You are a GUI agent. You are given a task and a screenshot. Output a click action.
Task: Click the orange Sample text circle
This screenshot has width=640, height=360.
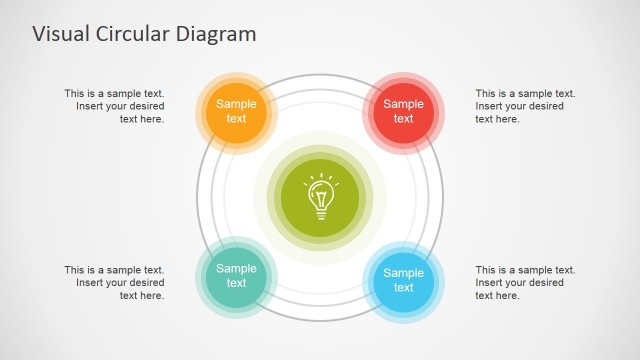click(236, 111)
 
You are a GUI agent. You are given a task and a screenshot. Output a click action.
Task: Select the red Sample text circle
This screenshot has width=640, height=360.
click(403, 111)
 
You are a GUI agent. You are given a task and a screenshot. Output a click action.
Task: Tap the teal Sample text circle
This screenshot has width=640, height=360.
click(236, 275)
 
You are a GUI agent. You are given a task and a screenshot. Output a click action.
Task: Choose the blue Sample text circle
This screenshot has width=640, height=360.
click(403, 280)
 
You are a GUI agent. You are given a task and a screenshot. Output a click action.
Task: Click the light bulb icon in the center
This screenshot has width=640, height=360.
click(320, 195)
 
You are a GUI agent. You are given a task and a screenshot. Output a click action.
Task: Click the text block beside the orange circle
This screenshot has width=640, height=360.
click(115, 106)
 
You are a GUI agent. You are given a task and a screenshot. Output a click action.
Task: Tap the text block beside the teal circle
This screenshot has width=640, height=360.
click(115, 282)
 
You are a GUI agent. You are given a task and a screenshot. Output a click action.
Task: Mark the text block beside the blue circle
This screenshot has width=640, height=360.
click(525, 282)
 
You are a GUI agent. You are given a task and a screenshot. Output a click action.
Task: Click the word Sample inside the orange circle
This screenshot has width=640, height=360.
click(236, 104)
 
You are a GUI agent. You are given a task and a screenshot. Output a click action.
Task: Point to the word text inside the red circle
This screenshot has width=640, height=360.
click(403, 119)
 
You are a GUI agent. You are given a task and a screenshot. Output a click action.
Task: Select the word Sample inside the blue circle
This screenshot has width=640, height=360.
click(403, 273)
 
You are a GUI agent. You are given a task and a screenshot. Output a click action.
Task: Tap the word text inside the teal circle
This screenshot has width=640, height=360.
click(236, 283)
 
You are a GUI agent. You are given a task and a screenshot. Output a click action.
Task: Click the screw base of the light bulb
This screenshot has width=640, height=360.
click(320, 211)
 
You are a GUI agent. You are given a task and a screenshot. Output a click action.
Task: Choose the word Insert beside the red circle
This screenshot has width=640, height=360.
click(491, 106)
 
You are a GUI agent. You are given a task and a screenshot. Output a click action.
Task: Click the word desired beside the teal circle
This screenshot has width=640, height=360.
click(144, 282)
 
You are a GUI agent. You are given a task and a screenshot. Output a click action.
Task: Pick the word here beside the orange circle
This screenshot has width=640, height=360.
click(153, 119)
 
